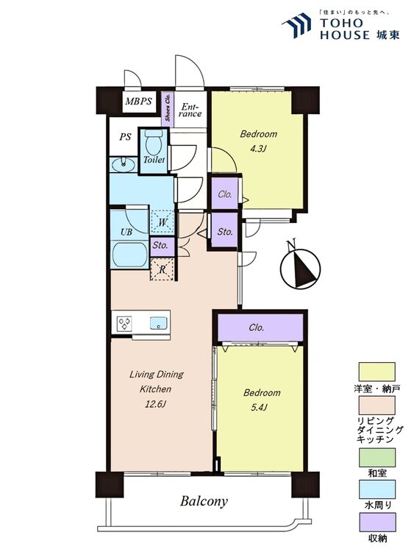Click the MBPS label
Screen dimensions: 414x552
[138, 102]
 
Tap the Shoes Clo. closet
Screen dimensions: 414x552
[168, 107]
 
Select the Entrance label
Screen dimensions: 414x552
[191, 110]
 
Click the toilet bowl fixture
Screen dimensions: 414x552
[154, 142]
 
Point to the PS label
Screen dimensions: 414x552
[125, 136]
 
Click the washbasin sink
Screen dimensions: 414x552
[123, 164]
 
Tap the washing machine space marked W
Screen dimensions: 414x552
[163, 222]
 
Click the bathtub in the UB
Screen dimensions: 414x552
[129, 254]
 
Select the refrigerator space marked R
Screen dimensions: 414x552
[163, 269]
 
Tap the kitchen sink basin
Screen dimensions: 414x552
[159, 323]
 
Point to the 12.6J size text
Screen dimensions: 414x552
[154, 404]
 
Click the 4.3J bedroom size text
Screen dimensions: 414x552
[257, 149]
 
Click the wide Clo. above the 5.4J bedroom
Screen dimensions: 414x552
[260, 328]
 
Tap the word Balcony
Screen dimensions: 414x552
[204, 501]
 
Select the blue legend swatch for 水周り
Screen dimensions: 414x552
[376, 489]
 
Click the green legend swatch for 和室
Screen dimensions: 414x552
[376, 457]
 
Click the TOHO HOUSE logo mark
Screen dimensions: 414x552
[296, 24]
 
